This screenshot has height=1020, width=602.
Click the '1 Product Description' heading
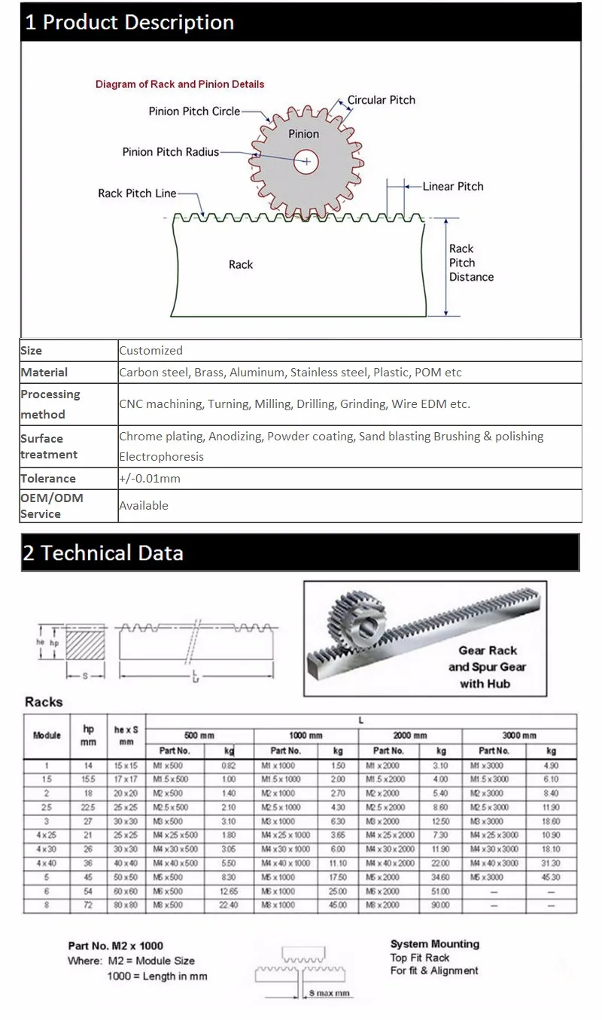tap(129, 23)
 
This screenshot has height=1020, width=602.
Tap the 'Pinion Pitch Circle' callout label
tap(194, 111)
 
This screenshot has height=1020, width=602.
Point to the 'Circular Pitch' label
tap(381, 99)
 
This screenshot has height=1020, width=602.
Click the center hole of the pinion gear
tap(306, 161)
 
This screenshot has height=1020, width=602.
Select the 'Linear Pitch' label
tap(453, 186)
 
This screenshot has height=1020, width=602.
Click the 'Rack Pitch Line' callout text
tap(137, 193)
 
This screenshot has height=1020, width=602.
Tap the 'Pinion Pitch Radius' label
tap(170, 152)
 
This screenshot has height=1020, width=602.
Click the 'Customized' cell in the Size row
tap(150, 350)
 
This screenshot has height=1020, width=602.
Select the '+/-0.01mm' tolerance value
tap(150, 478)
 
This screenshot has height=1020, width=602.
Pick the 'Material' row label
tap(44, 372)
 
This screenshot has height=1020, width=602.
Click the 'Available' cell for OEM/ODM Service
tap(143, 505)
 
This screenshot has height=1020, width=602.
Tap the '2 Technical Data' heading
tap(103, 553)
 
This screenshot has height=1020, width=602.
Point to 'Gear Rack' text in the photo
tap(488, 650)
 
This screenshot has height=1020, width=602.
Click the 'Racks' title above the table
tap(44, 702)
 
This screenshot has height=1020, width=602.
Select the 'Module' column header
tap(47, 735)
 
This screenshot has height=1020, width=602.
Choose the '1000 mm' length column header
tap(306, 735)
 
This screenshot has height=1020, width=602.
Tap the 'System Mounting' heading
tap(434, 944)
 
